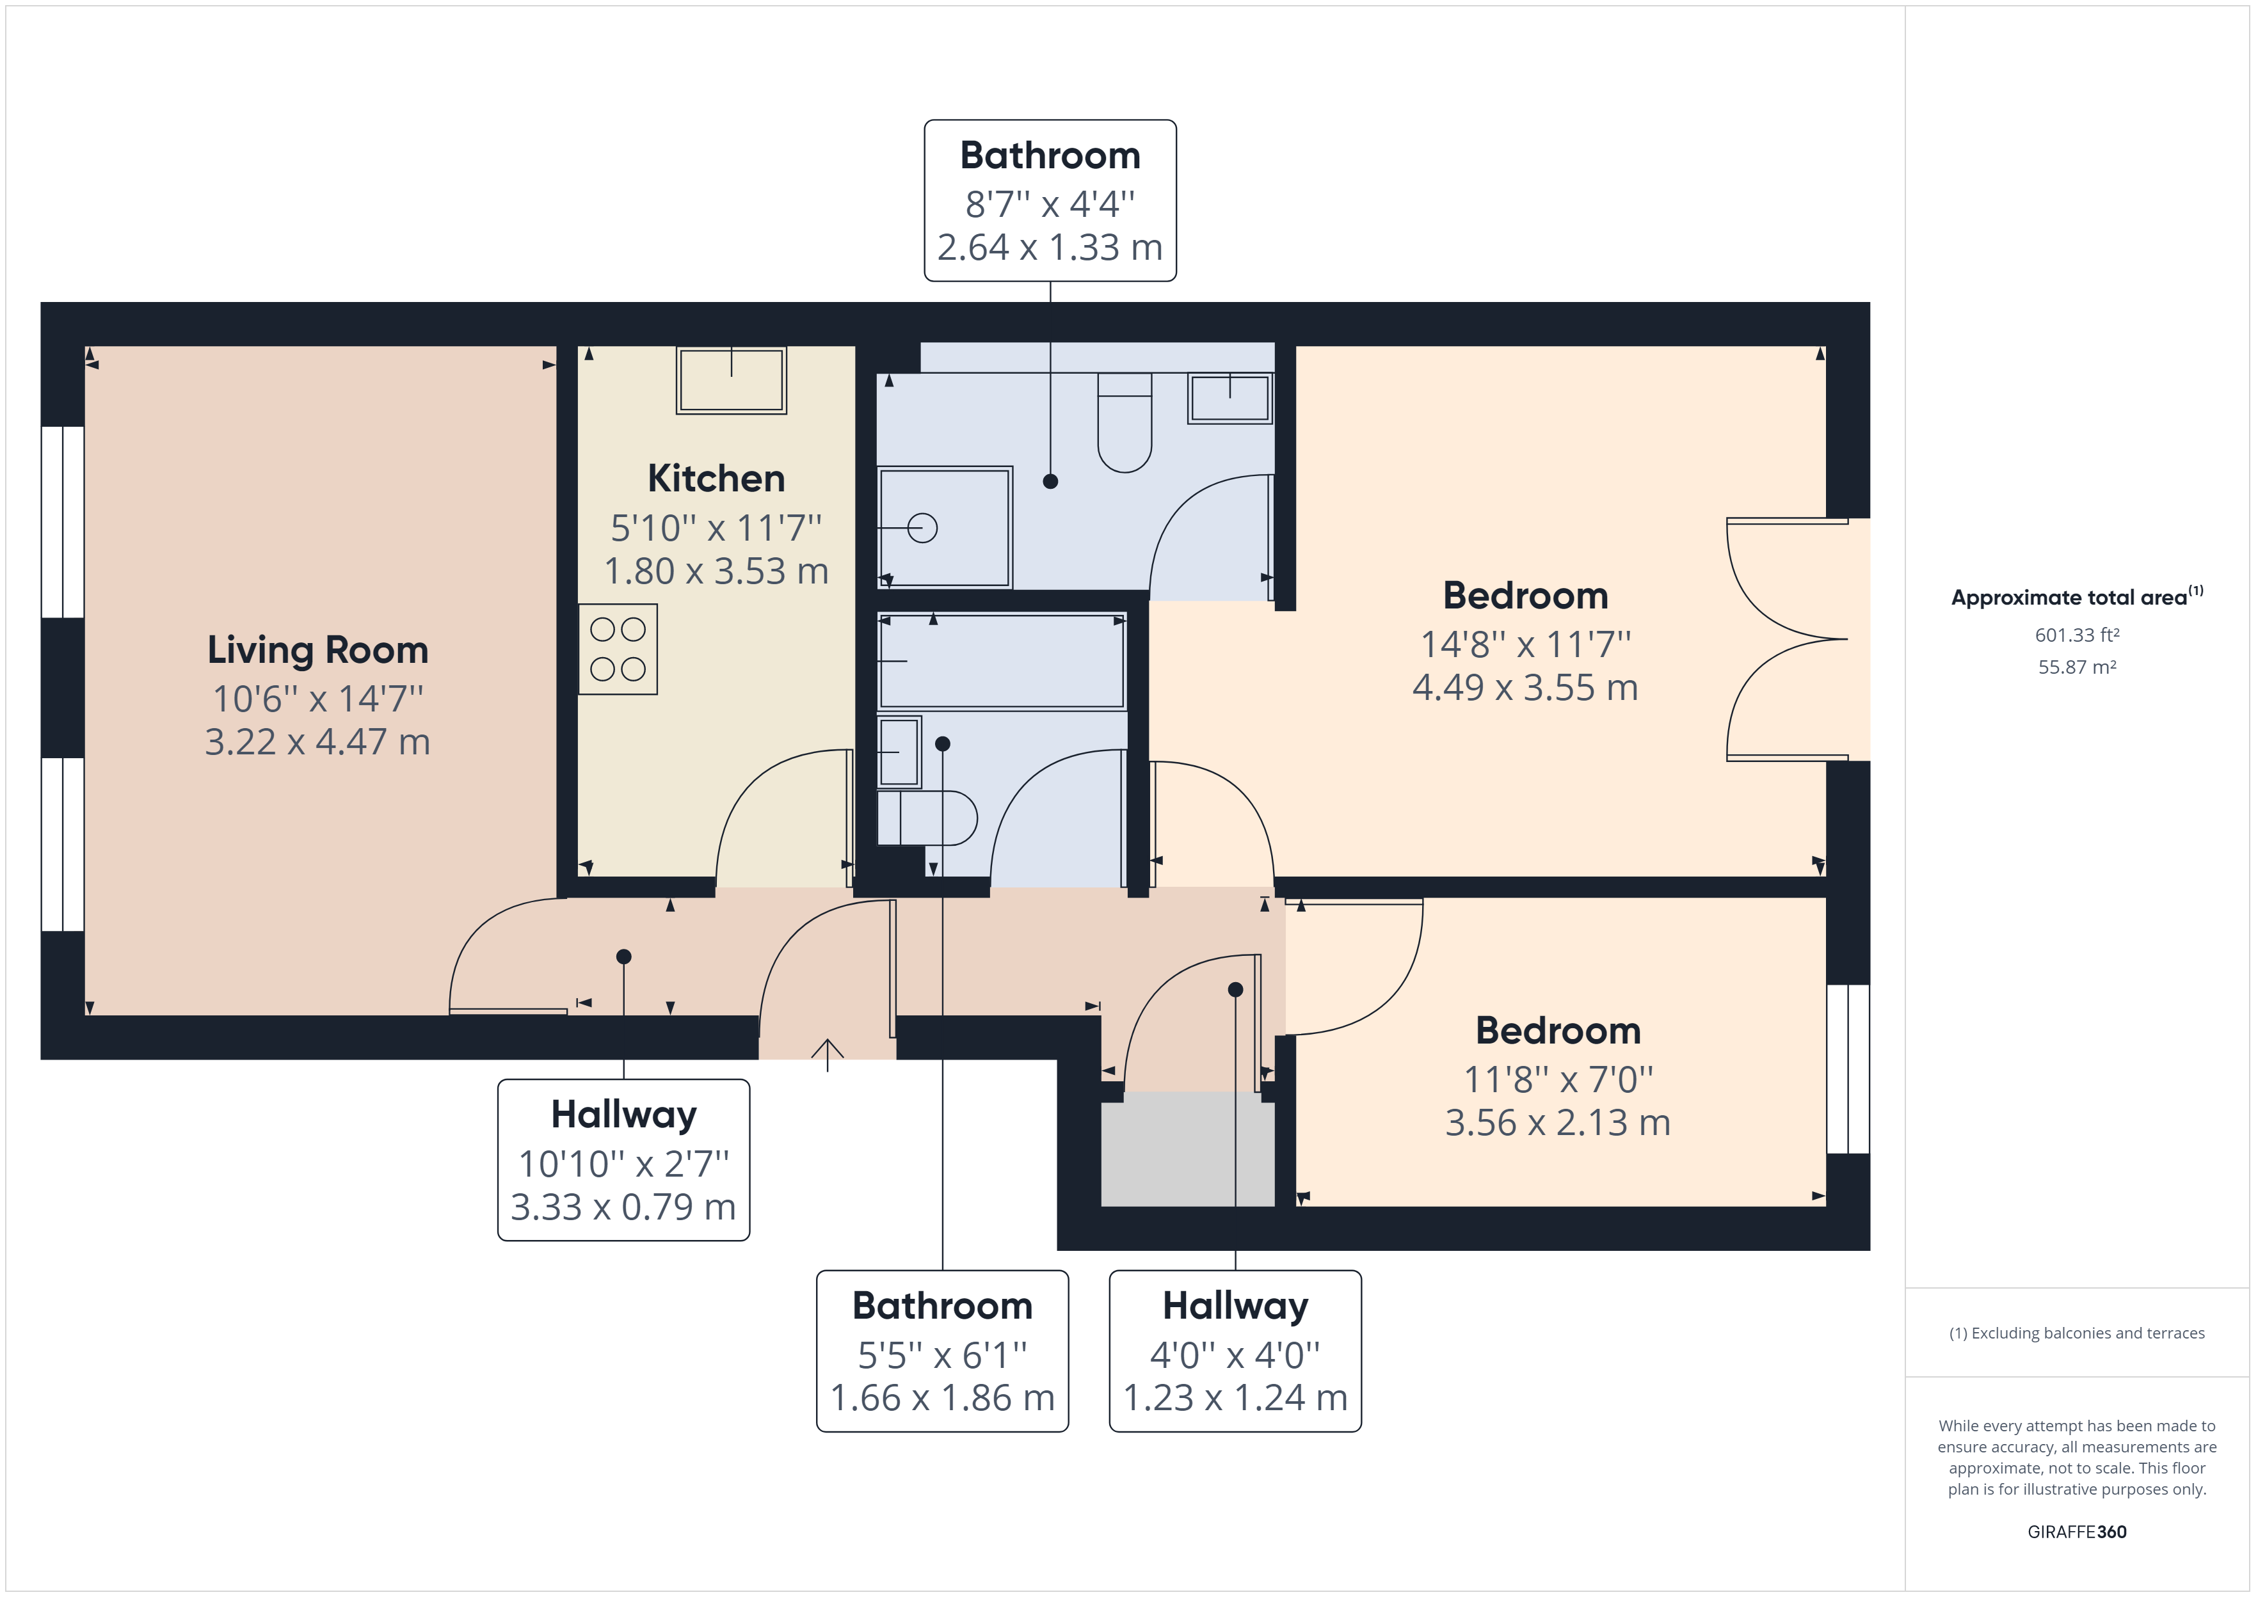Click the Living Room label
(x=317, y=650)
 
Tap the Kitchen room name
(x=716, y=479)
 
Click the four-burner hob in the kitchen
(x=618, y=649)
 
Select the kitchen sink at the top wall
(x=731, y=379)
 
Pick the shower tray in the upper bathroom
(x=944, y=528)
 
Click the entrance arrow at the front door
(x=827, y=1054)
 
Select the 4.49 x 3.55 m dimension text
(x=1525, y=687)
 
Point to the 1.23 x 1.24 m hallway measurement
(x=1235, y=1397)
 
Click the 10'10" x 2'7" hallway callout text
(x=623, y=1163)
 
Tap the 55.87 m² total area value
(x=2077, y=667)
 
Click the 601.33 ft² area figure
(x=2077, y=635)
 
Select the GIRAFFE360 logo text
(x=2077, y=1531)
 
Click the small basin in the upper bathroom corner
(x=1229, y=398)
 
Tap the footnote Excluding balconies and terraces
(x=2077, y=1333)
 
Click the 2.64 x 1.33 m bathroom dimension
(x=1050, y=247)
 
